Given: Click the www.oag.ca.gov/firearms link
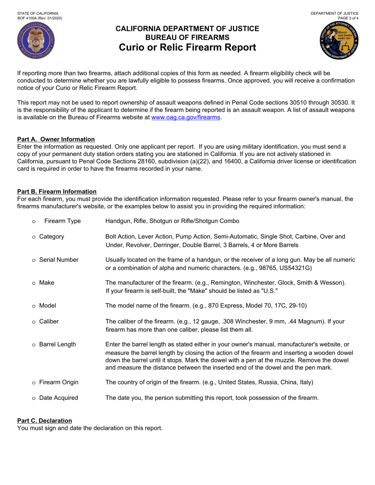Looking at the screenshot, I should point(186,117).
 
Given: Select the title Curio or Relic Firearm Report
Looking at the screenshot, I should point(187,48).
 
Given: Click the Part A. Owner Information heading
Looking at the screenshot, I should point(56,139).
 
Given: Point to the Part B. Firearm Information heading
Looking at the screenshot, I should point(57,192).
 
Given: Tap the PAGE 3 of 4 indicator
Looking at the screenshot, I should point(348,18).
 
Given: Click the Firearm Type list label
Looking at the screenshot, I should point(62,221).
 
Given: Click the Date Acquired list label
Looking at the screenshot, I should point(58,398).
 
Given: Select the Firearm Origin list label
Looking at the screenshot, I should point(58,382).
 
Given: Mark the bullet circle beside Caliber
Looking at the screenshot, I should point(34,322).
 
